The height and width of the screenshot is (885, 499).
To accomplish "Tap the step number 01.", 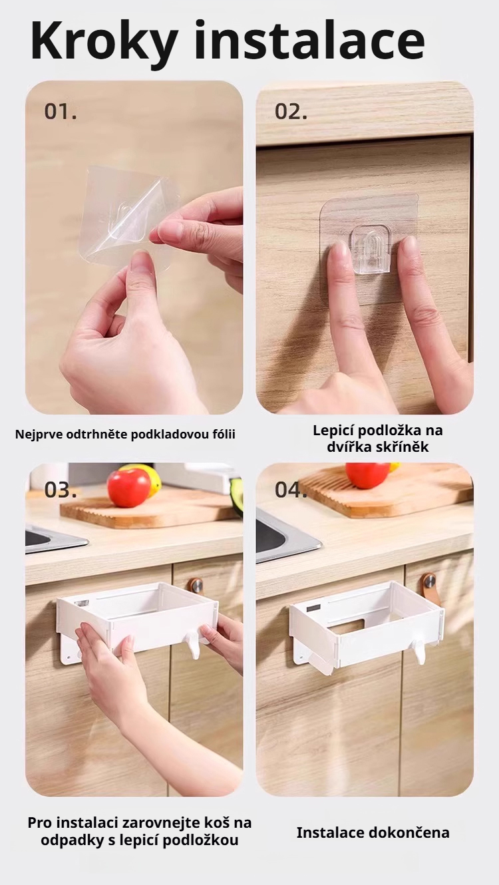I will tap(61, 112).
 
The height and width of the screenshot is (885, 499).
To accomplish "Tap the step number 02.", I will tap(291, 112).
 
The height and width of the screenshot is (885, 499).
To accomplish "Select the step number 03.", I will tap(61, 490).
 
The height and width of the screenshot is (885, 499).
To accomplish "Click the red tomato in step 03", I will tap(129, 488).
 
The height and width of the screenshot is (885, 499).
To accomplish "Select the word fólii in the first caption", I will tap(221, 435).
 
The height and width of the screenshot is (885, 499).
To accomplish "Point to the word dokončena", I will tap(413, 832).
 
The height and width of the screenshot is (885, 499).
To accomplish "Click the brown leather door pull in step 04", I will tap(430, 588).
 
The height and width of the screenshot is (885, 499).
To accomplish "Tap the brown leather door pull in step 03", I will tap(195, 586).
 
